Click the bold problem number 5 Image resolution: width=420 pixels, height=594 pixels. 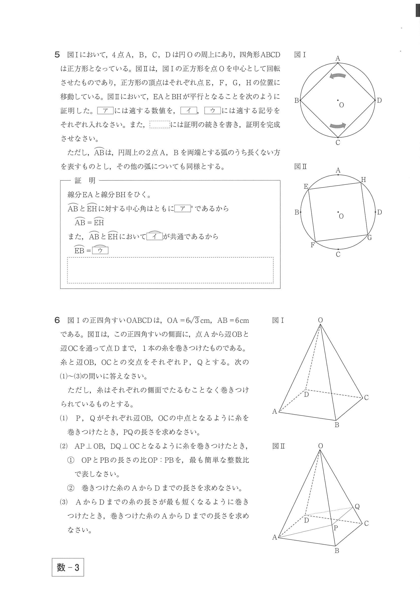pos(57,55)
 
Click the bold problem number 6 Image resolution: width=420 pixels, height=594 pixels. pos(57,320)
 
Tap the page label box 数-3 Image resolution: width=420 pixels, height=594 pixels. pos(68,567)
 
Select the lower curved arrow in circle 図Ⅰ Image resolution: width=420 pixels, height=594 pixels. pos(337,125)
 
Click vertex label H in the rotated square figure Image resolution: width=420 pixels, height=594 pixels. pos(363,179)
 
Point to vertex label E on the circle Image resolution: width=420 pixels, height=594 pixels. pos(306,186)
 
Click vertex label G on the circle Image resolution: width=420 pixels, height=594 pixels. pos(369,238)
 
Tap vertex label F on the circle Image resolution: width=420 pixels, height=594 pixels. pos(312,245)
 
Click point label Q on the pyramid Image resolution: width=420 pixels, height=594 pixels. pos(357,507)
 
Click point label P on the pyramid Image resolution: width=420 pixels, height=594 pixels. pos(336,528)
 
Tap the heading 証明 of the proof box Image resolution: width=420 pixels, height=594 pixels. pos(85,180)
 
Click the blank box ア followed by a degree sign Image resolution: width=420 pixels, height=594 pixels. pos(183,208)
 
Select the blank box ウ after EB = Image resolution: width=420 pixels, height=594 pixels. pos(100,251)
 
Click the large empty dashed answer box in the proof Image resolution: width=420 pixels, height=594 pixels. pos(170,270)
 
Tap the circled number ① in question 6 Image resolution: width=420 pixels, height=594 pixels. pos(70,460)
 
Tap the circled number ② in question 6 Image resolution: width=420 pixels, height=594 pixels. pos(70,488)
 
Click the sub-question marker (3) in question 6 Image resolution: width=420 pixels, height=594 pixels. pos(64,502)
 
